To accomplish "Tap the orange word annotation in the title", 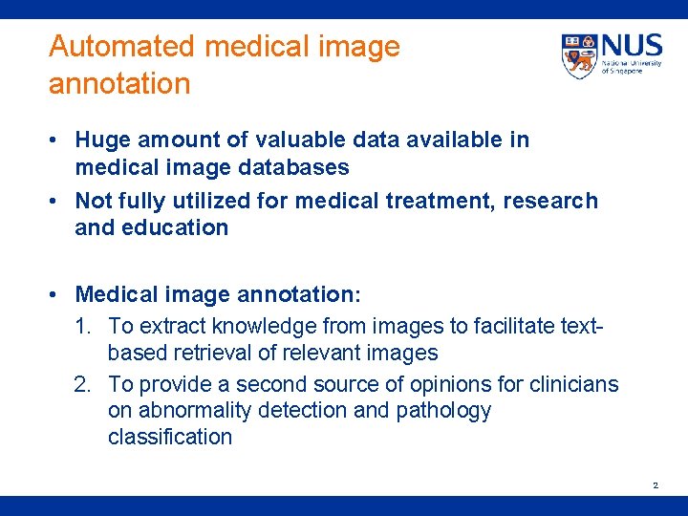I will (x=119, y=84).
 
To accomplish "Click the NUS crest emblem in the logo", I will (x=579, y=56).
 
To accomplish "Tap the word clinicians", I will (x=576, y=384).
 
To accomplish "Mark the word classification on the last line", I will (x=170, y=437).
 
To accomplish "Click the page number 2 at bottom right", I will (x=656, y=486).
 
